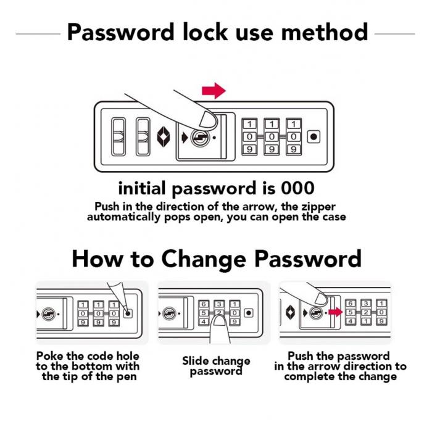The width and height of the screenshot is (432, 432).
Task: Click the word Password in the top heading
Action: (x=121, y=32)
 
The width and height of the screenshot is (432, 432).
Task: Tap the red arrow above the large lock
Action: (x=214, y=90)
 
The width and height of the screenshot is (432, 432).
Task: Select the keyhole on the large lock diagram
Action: (x=200, y=137)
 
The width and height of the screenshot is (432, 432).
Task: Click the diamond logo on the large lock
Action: (x=164, y=136)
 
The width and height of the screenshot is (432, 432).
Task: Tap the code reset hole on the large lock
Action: (x=314, y=136)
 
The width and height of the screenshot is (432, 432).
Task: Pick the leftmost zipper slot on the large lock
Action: (x=118, y=136)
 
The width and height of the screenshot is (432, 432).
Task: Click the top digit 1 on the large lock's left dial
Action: (x=249, y=124)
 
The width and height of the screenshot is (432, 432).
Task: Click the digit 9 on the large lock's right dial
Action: (x=294, y=149)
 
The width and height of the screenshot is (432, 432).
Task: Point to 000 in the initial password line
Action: (x=297, y=188)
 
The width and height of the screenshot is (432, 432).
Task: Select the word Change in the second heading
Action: (x=203, y=259)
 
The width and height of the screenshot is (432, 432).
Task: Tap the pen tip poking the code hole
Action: (x=127, y=313)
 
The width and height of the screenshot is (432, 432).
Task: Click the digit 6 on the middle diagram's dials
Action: (x=204, y=304)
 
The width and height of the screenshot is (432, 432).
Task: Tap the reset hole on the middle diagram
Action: (x=249, y=313)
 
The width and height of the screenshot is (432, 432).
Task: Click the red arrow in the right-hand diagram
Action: (x=335, y=312)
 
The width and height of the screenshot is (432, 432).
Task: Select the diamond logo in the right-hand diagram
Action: (x=291, y=313)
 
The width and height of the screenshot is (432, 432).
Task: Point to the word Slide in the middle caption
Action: (x=196, y=360)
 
